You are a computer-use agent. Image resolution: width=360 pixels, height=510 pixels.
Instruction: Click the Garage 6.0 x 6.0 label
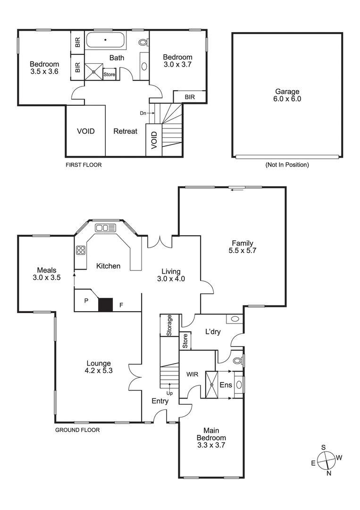click(287, 95)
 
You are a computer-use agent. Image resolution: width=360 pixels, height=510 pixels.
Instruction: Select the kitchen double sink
click(105, 228)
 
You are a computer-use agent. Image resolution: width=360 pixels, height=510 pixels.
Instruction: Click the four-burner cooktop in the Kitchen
click(80, 250)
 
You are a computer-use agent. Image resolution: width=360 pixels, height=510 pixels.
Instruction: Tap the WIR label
click(193, 374)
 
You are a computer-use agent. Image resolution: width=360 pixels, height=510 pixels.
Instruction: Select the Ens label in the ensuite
click(226, 385)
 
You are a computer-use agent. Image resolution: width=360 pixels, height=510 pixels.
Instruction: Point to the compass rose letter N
click(329, 474)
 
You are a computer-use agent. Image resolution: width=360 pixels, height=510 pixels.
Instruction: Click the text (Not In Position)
click(287, 165)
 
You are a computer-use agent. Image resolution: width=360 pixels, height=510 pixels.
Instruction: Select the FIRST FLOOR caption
click(84, 165)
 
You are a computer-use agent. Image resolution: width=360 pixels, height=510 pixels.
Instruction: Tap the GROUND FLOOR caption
click(77, 430)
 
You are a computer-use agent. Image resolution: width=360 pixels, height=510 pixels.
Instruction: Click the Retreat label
click(125, 131)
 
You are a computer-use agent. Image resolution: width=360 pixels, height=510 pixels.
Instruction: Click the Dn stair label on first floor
click(143, 113)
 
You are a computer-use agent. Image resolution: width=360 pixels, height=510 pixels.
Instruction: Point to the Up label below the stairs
click(169, 393)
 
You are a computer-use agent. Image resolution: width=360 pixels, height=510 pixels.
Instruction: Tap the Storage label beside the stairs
click(169, 325)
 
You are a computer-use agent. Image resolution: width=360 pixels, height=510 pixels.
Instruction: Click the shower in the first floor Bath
click(93, 72)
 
